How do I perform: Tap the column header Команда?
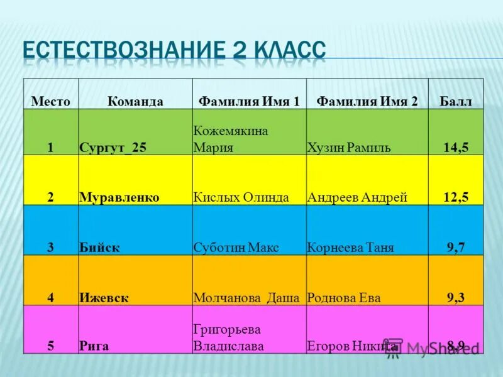click(x=135, y=101)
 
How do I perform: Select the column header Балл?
click(x=456, y=101)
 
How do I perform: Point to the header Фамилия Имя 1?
click(x=249, y=101)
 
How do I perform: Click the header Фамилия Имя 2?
click(x=367, y=101)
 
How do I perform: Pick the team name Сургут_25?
click(x=113, y=148)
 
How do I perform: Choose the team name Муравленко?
click(x=119, y=197)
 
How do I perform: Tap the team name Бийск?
click(x=100, y=248)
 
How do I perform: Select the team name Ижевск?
click(x=104, y=298)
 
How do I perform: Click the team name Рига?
click(x=94, y=346)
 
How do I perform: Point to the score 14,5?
click(x=456, y=148)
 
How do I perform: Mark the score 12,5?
click(x=456, y=197)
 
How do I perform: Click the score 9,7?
click(x=456, y=248)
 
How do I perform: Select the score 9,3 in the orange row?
click(x=456, y=298)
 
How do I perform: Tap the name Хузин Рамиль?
click(x=349, y=148)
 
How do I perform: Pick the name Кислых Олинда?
click(x=241, y=197)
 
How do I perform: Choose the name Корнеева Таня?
click(x=350, y=248)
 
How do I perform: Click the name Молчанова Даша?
click(x=246, y=298)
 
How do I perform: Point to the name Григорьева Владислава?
click(x=228, y=337)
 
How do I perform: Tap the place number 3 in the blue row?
click(x=50, y=248)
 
